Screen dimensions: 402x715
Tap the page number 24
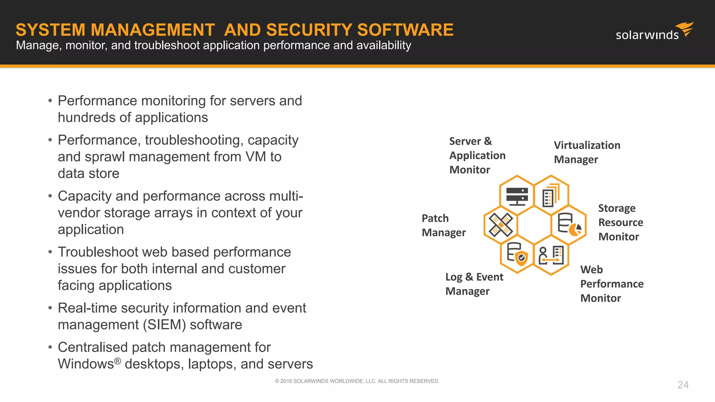coord(683,385)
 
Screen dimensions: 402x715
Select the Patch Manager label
coord(443,225)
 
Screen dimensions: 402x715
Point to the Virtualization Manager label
coord(587,152)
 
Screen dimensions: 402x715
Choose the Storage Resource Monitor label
coord(620,222)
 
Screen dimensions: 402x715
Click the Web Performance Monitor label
coord(612,284)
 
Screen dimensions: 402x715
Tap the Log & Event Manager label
coord(474,284)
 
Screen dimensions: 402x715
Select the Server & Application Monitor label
coord(477,155)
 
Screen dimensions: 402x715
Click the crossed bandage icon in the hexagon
coord(501,225)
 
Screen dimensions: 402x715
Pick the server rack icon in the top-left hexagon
coord(517,196)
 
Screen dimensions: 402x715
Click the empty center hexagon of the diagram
coord(534,225)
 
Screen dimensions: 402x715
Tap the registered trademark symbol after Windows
coord(118,361)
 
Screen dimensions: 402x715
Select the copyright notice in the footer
coord(357,381)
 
